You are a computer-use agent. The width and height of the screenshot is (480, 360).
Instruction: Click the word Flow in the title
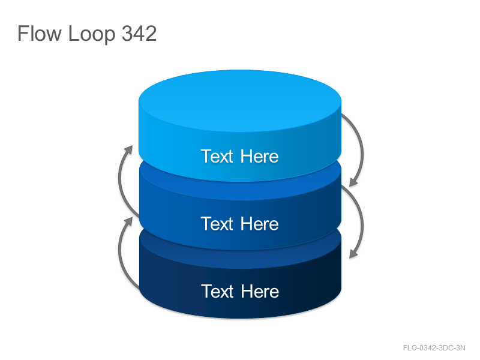click(40, 34)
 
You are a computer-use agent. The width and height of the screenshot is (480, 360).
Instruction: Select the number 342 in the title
click(139, 34)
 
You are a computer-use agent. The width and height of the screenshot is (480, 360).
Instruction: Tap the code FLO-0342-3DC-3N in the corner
click(434, 348)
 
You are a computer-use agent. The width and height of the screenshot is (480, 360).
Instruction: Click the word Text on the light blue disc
click(217, 156)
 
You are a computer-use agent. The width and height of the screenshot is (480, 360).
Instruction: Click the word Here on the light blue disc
click(260, 156)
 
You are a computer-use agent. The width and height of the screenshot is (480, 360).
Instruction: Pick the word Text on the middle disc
click(217, 223)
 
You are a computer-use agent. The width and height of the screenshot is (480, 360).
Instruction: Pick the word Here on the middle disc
click(260, 223)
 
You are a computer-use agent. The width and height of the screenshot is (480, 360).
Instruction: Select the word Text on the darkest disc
click(217, 291)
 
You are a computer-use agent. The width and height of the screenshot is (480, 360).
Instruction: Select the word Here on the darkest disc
click(260, 291)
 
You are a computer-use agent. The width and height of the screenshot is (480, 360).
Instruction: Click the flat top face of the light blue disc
click(240, 101)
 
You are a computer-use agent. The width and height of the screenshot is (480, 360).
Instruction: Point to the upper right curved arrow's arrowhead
click(354, 181)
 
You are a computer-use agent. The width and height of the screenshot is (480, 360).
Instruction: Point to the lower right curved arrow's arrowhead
click(354, 253)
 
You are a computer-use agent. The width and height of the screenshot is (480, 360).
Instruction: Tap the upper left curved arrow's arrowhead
click(128, 150)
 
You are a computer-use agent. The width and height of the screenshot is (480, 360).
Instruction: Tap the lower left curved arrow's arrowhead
click(128, 222)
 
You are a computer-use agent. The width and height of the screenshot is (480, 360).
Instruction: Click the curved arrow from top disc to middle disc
click(363, 150)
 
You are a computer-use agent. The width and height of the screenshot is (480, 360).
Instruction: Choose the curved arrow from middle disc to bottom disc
click(363, 222)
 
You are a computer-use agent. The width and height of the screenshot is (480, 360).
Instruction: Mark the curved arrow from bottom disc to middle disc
click(119, 253)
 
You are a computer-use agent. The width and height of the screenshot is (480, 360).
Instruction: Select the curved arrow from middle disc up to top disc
click(119, 181)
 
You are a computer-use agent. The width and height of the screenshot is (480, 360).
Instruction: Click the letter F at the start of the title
click(23, 34)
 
